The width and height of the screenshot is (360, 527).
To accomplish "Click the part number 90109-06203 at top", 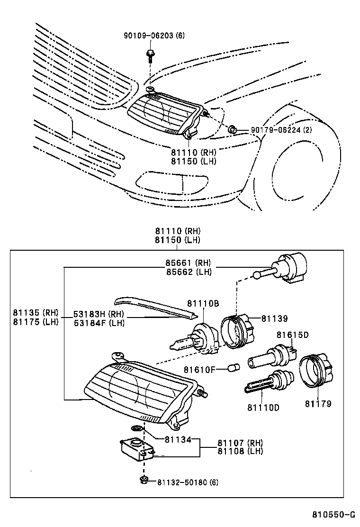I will (x=148, y=36).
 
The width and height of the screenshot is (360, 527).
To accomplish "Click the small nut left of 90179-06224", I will (x=233, y=129).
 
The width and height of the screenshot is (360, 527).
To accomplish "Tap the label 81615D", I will (x=292, y=335).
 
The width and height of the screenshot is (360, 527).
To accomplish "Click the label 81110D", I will (x=263, y=407).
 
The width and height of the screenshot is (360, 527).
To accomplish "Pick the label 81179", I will (x=318, y=404).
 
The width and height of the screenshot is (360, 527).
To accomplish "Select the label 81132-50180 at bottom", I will (x=182, y=482).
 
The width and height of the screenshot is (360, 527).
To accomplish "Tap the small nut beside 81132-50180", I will (x=143, y=480).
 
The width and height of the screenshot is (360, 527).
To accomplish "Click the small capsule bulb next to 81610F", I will (x=232, y=367).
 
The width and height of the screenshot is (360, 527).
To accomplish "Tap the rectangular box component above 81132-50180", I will (x=137, y=448).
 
